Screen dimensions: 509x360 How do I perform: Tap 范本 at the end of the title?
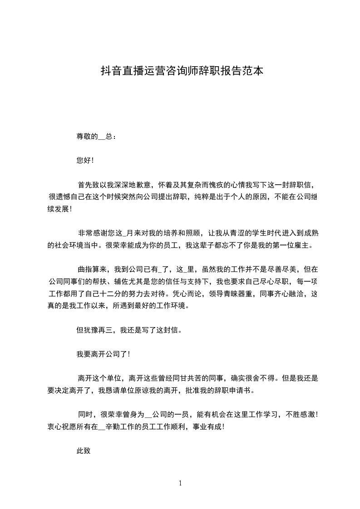click(x=253, y=71)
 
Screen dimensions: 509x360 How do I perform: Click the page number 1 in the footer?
click(x=180, y=484)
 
